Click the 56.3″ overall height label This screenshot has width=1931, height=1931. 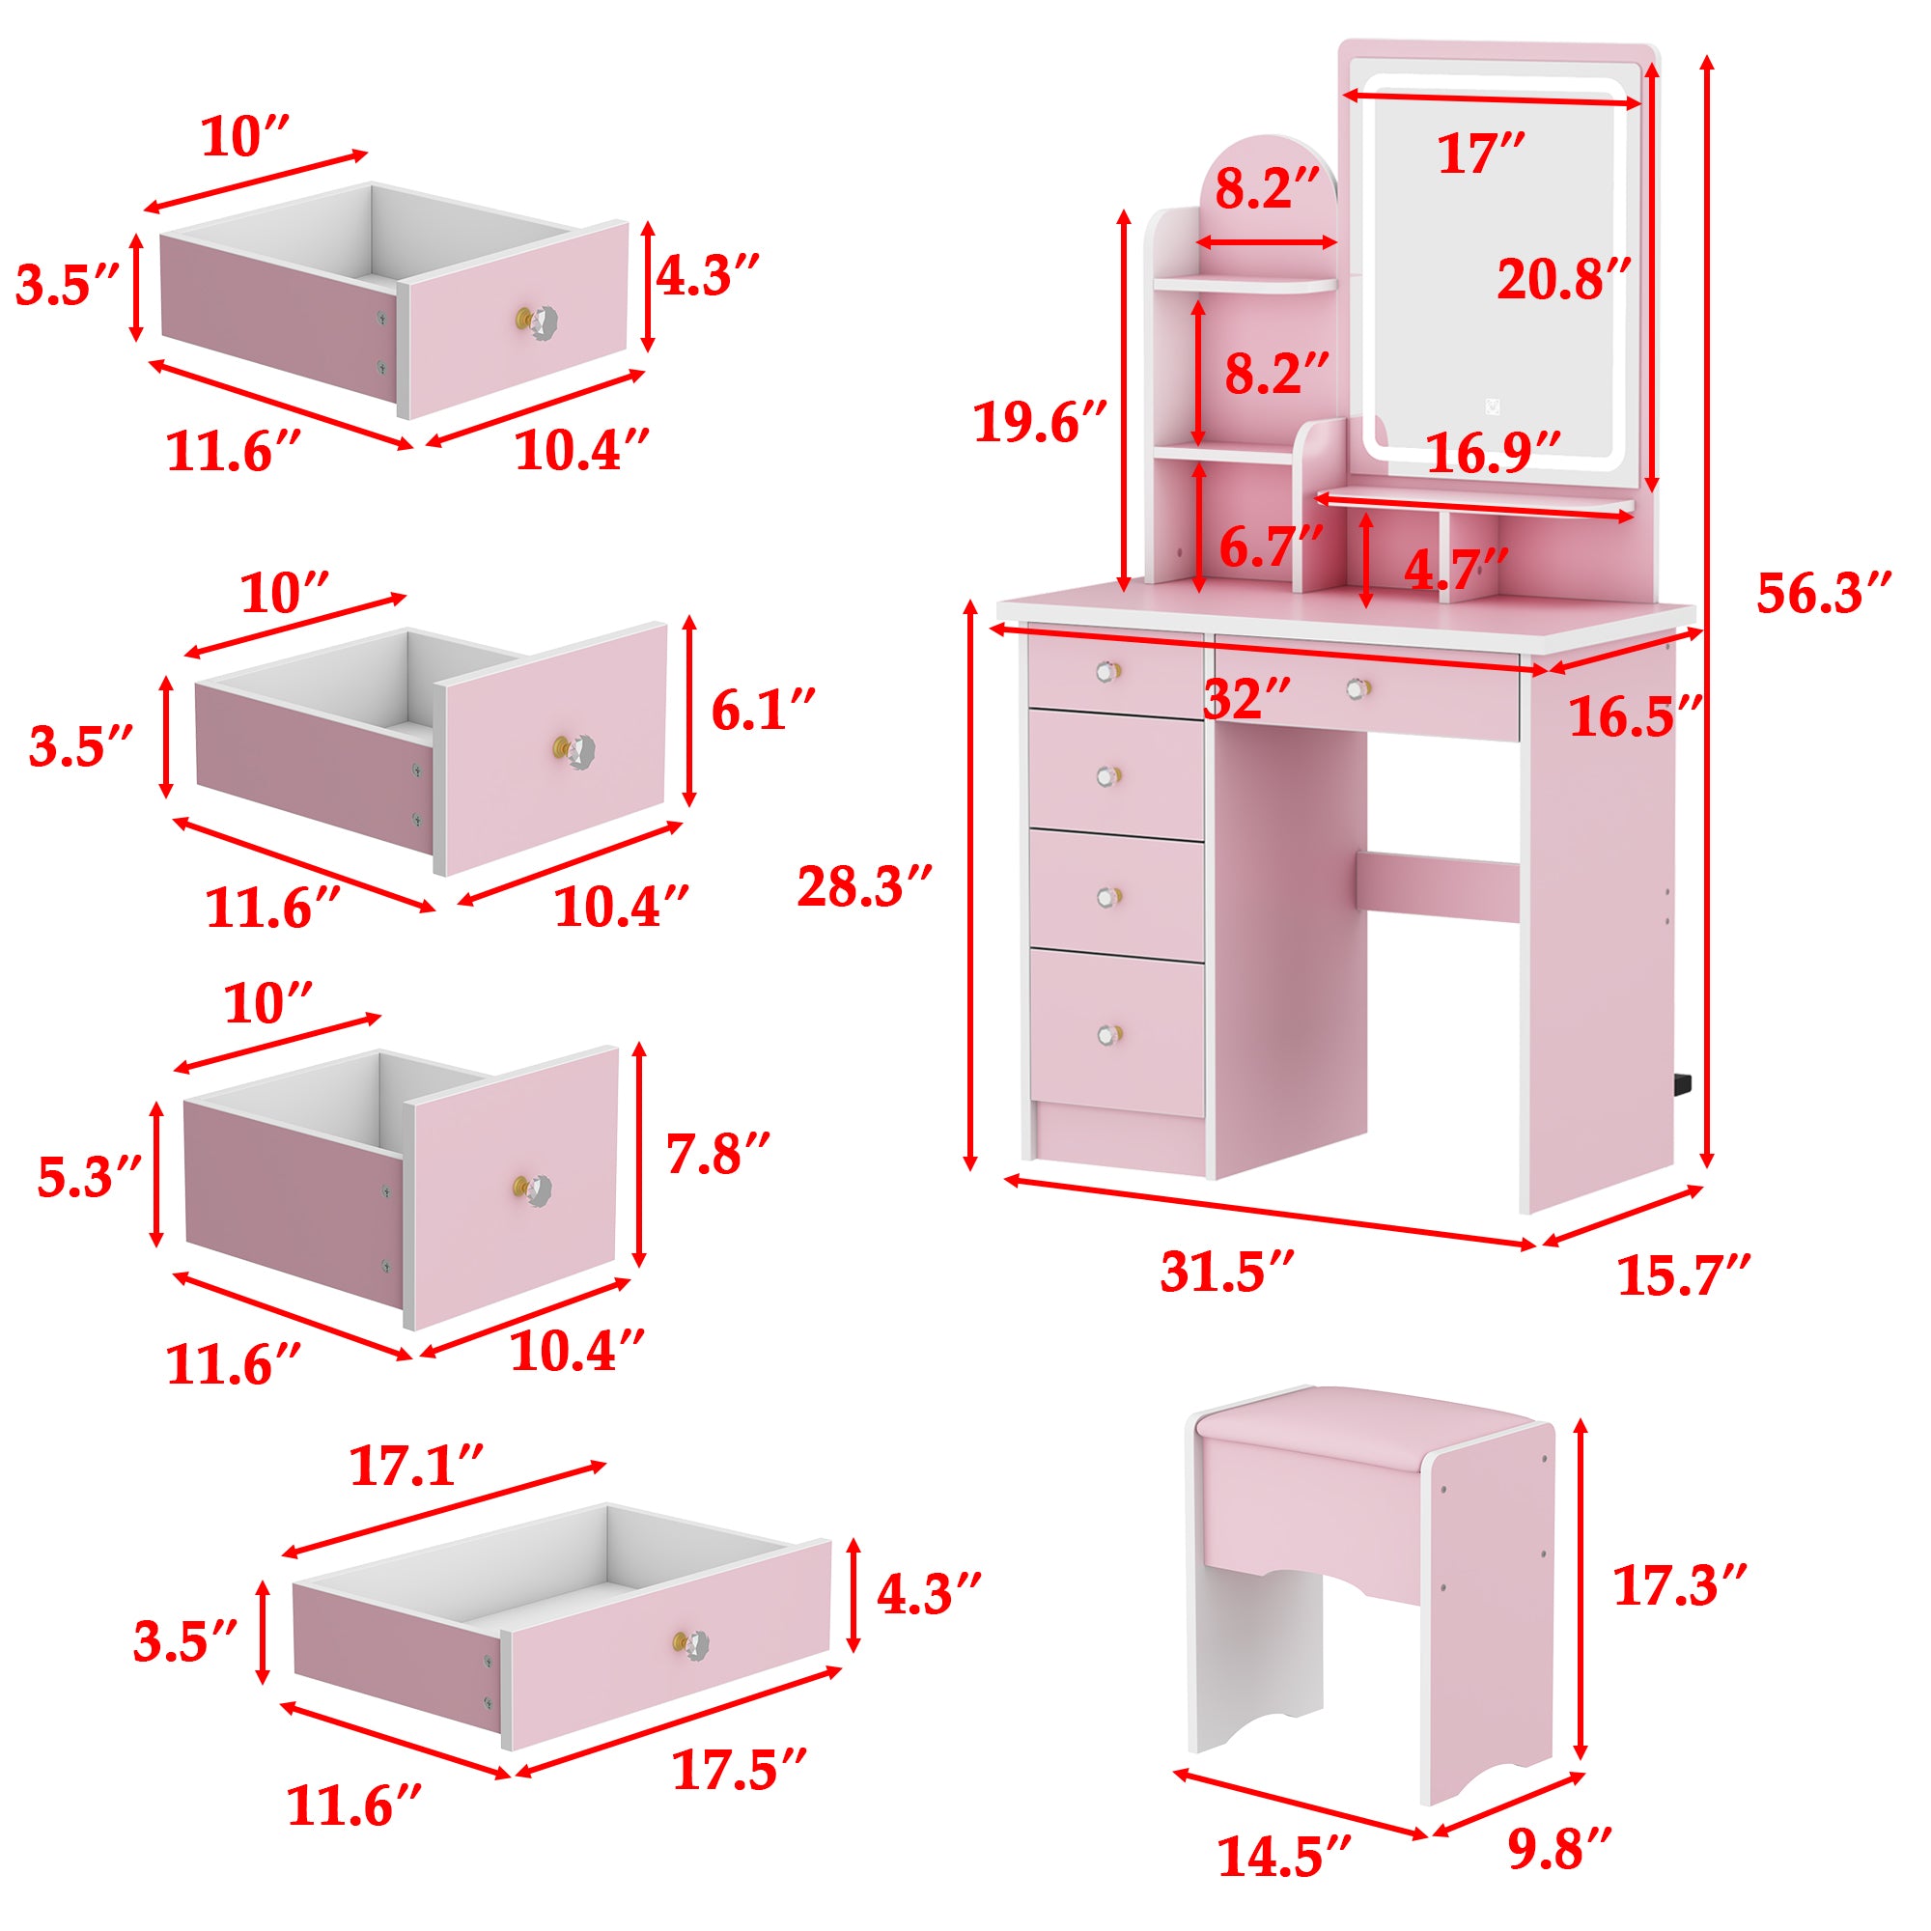(x=1823, y=594)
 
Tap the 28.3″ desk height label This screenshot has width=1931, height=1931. (x=863, y=886)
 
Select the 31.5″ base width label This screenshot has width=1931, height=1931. (x=1227, y=1273)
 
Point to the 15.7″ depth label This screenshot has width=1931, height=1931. (x=1683, y=1275)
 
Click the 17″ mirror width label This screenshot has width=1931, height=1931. (x=1480, y=154)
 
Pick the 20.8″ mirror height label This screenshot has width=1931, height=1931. (x=1563, y=280)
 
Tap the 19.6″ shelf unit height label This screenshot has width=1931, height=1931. (x=1041, y=423)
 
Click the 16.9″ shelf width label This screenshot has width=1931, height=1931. (x=1493, y=454)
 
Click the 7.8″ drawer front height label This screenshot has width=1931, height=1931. (x=716, y=1155)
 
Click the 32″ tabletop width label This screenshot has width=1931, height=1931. (x=1246, y=699)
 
